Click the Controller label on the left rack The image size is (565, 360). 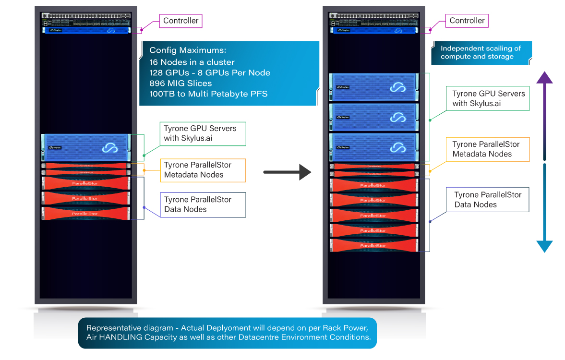coord(180,21)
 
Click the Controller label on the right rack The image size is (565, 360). coord(467,21)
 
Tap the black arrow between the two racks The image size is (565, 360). coord(288,171)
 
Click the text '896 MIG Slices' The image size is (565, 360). coord(180,83)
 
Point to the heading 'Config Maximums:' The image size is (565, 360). coord(187,50)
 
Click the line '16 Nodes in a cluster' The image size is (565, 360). coord(192,62)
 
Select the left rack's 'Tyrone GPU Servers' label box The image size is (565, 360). coord(203,133)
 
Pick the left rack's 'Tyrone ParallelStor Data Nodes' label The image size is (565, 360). coord(203,204)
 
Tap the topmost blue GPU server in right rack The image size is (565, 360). coord(374,87)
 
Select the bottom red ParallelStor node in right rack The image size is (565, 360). coord(374,245)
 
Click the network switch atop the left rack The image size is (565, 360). coord(86,19)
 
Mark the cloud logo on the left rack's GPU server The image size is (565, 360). coord(110,149)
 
